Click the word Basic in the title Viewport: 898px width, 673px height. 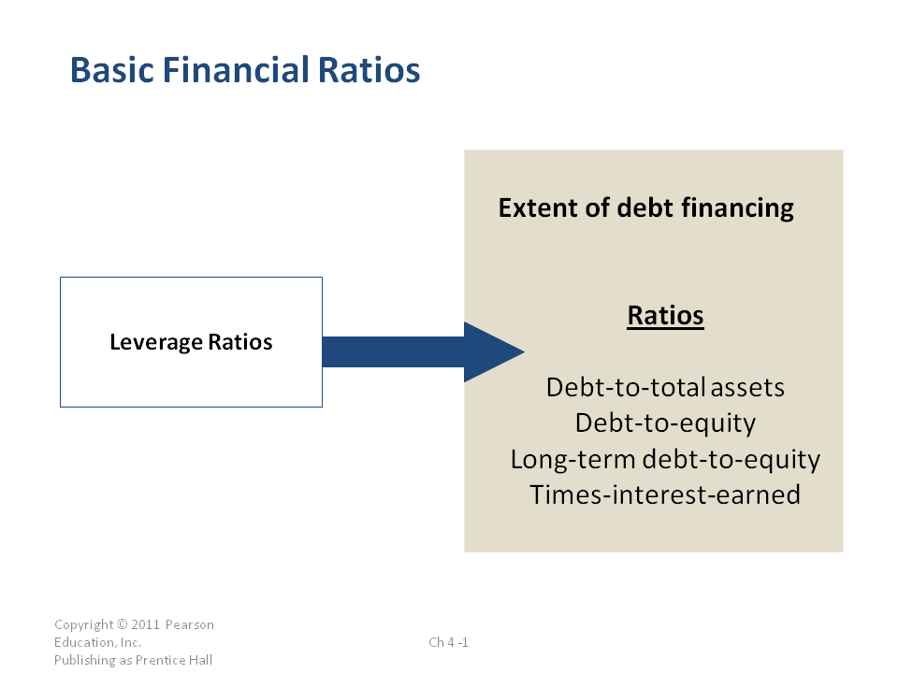tap(112, 70)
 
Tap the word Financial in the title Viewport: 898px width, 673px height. tap(236, 70)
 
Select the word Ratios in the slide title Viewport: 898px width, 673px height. tap(369, 70)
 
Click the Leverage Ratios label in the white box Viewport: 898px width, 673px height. tap(191, 342)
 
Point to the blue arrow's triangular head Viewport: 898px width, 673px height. tap(494, 352)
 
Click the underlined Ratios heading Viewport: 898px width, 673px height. tap(665, 315)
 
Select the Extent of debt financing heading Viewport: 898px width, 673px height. tap(646, 208)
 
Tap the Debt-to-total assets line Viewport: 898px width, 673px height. tap(665, 387)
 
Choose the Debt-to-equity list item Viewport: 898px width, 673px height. tap(665, 423)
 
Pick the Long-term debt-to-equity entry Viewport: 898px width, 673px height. tap(665, 460)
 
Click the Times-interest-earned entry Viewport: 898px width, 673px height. tap(665, 495)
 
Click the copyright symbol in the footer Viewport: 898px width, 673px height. tap(123, 624)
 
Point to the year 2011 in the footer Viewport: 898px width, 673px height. tap(146, 624)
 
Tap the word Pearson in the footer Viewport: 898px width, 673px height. tap(190, 624)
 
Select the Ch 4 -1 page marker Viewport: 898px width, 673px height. tap(448, 642)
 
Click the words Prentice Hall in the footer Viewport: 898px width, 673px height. tap(174, 660)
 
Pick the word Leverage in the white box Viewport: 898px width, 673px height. tap(156, 342)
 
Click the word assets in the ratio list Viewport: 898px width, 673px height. tap(748, 388)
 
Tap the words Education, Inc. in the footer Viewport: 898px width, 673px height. tap(98, 642)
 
